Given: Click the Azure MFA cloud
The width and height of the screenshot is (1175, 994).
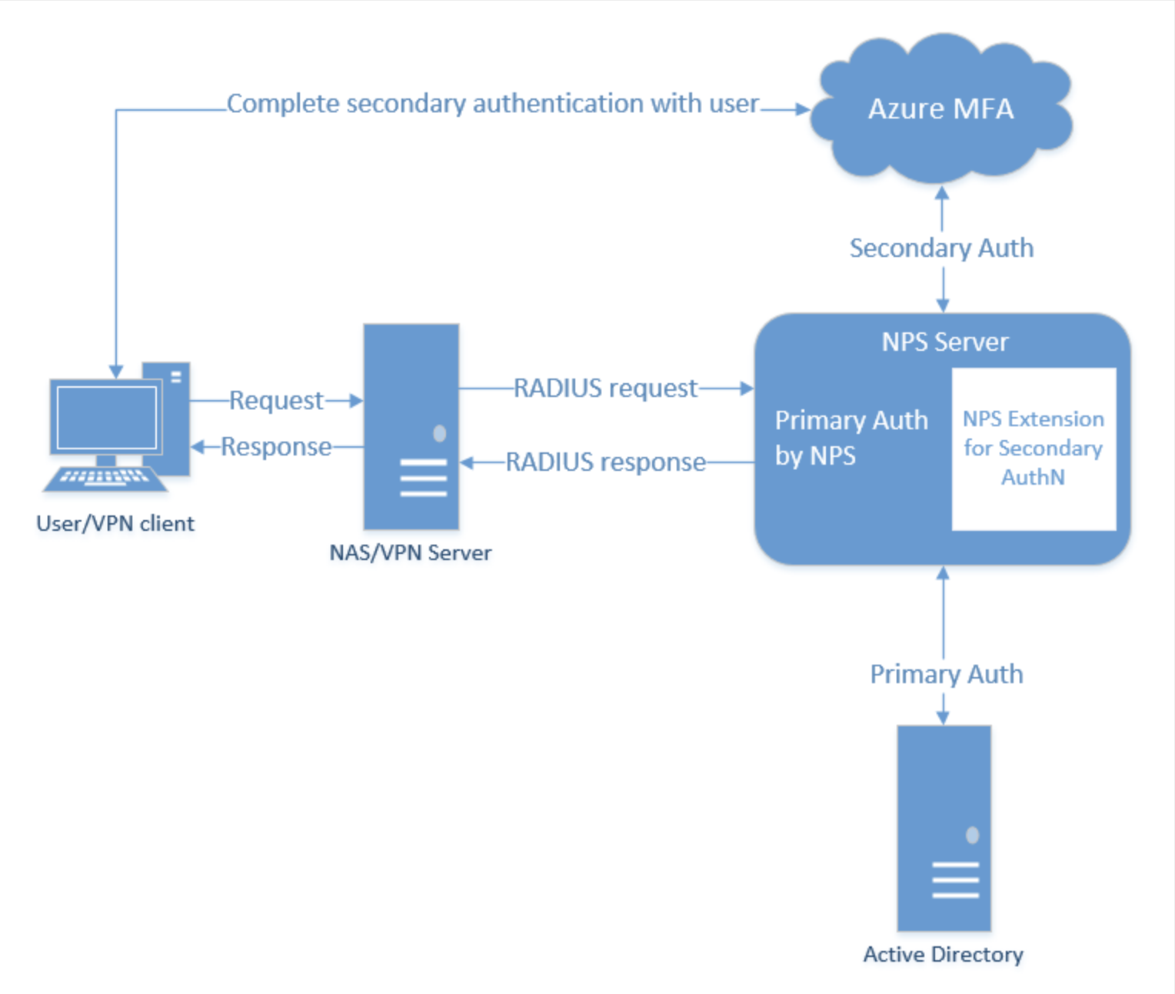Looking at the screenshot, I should (x=941, y=108).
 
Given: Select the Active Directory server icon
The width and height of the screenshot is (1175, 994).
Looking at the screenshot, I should (x=944, y=828).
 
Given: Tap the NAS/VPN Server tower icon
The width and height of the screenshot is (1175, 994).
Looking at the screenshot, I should (x=411, y=426).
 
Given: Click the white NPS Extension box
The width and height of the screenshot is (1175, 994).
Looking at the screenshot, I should (x=1034, y=449).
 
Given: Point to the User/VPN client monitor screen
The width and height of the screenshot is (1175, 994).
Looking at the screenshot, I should (x=107, y=417).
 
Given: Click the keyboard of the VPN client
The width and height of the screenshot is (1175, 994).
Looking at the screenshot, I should (x=105, y=478).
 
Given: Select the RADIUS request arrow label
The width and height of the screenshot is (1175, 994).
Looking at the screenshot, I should (x=605, y=389).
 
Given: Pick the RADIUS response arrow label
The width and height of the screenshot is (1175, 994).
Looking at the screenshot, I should (x=605, y=462).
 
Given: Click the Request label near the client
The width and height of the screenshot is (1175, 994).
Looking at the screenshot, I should (x=276, y=401).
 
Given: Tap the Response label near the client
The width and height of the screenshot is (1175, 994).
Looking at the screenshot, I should (x=276, y=447).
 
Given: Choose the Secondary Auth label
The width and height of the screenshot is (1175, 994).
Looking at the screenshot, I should (x=941, y=248).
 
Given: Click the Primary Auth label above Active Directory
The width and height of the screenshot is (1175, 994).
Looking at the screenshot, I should (x=946, y=675).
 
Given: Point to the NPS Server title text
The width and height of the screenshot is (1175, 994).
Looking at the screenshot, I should (x=944, y=342).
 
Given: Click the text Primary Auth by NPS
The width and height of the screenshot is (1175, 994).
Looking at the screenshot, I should (x=850, y=438).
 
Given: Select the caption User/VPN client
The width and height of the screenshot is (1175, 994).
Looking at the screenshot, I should (x=115, y=524).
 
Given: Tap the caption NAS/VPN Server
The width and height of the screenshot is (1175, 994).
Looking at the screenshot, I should (x=410, y=553).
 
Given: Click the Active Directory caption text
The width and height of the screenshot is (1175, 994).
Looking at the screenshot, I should (x=943, y=955).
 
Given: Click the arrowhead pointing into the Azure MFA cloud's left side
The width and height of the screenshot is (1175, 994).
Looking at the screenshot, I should (x=803, y=109).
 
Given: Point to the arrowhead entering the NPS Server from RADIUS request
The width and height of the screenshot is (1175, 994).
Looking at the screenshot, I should (x=747, y=389).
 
